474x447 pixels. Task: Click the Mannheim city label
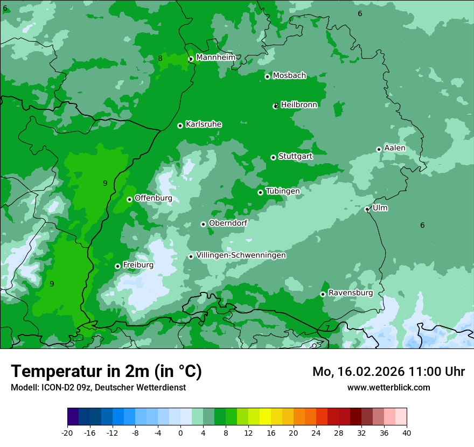pos(215,58)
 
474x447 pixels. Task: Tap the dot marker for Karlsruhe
pos(180,125)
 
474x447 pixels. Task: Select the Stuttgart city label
pos(295,156)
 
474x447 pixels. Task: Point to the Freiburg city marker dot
pos(117,266)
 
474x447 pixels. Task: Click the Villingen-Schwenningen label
pos(241,255)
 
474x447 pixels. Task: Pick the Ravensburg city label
pos(350,293)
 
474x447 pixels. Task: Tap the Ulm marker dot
pos(367,209)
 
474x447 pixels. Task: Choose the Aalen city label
pos(395,148)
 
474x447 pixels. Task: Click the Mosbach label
pos(289,76)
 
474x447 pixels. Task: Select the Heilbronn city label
pos(299,105)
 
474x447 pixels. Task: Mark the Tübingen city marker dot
pos(260,192)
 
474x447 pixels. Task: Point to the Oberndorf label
pos(228,223)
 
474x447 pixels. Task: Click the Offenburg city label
pos(153,198)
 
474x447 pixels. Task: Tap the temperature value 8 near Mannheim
pos(160,58)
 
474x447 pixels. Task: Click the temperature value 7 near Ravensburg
pos(327,328)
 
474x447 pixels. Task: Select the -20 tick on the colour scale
pos(67,432)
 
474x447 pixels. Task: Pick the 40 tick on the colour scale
pos(407,432)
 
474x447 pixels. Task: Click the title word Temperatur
pos(57,372)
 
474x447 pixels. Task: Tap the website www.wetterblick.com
pos(388,387)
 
